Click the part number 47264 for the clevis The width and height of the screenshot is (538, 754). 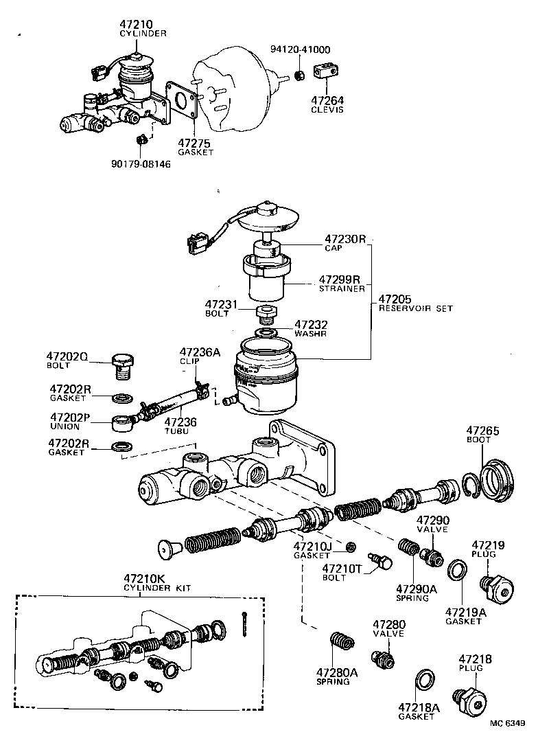pyautogui.click(x=328, y=100)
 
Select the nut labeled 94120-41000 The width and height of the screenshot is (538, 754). pyautogui.click(x=299, y=73)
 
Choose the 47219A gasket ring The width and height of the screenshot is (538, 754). pyautogui.click(x=458, y=569)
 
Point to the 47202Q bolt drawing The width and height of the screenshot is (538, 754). pyautogui.click(x=123, y=366)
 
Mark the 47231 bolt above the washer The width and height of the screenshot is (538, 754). pyautogui.click(x=266, y=313)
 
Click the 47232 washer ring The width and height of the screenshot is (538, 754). pyautogui.click(x=266, y=333)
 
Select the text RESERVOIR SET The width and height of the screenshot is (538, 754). pyautogui.click(x=416, y=308)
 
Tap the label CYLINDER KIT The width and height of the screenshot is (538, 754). pyautogui.click(x=157, y=588)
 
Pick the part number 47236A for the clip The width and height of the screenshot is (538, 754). pyautogui.click(x=200, y=352)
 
